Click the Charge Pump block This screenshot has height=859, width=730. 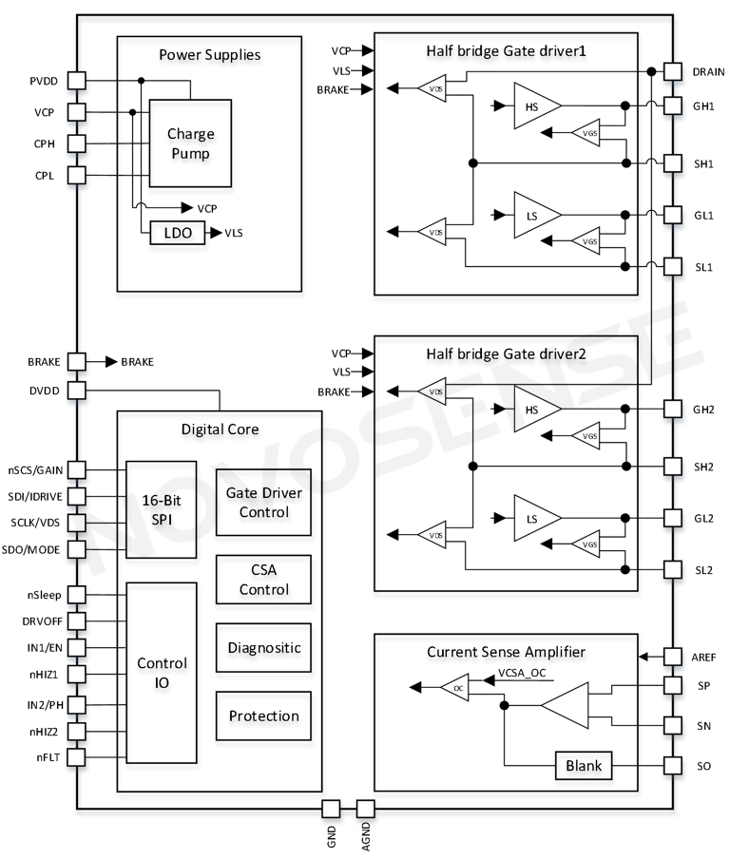(190, 143)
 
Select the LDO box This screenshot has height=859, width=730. (178, 232)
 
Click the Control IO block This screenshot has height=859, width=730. (162, 672)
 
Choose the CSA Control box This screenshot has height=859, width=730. (263, 577)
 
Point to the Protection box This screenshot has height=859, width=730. (263, 716)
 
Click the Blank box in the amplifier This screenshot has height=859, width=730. (585, 765)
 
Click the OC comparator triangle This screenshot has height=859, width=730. (457, 689)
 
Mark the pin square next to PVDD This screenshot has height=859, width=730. (77, 81)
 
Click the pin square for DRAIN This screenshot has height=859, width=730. (673, 71)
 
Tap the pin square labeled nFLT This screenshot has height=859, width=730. (77, 756)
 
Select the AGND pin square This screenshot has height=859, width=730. (366, 809)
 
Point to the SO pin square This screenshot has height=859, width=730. (673, 765)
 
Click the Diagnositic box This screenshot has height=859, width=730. (263, 647)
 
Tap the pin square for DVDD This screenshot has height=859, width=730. (77, 390)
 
